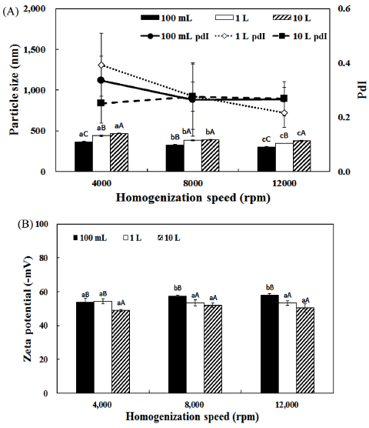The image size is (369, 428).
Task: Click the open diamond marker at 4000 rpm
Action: (101, 65)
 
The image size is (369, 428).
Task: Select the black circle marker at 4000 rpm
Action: (101, 80)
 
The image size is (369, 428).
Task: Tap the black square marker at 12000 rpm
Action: (284, 99)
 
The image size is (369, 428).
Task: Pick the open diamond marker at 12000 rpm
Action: (284, 112)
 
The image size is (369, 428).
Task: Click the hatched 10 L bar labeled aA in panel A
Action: (119, 152)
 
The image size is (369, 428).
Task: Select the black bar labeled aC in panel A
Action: (84, 156)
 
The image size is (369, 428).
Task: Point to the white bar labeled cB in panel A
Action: (284, 157)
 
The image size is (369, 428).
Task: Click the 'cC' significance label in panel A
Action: (266, 139)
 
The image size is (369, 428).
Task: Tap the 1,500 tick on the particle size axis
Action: (35, 50)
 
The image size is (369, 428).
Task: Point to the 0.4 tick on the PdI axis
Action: (344, 63)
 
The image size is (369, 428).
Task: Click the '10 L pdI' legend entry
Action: (300, 36)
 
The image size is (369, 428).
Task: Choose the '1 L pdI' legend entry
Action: (241, 36)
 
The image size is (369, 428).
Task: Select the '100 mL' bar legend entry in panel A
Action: (167, 18)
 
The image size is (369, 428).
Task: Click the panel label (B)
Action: (25, 224)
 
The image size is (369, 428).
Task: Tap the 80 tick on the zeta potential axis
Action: (44, 258)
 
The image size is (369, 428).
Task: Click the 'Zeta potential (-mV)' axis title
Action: (27, 309)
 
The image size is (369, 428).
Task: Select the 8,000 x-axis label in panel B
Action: (194, 404)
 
